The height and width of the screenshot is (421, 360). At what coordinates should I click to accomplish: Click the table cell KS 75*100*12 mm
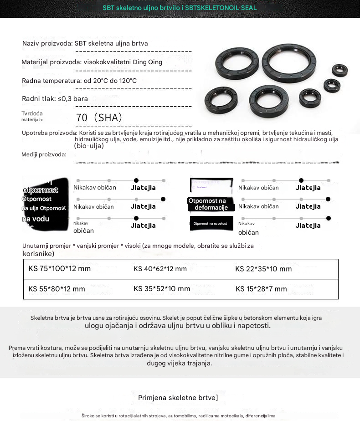59,268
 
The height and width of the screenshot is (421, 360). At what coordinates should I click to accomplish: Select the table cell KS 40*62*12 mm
160,269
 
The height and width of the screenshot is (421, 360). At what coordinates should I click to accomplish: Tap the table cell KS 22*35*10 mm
263,269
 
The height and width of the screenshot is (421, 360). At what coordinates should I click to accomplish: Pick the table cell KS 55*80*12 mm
57,289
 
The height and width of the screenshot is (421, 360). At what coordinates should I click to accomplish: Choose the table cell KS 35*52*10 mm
162,289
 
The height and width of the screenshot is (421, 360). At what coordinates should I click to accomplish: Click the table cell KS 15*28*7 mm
261,289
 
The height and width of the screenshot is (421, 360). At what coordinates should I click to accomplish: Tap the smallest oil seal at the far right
339,70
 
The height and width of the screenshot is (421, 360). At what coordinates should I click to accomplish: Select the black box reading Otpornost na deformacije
211,204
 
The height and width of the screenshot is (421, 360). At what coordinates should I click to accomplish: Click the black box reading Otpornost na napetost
211,224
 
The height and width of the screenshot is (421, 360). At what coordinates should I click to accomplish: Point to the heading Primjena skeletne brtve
178,398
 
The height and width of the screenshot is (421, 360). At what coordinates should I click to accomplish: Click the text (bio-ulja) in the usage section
89,146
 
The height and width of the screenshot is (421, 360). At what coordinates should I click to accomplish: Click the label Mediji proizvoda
44,155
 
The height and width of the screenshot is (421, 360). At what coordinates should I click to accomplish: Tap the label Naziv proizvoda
47,44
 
